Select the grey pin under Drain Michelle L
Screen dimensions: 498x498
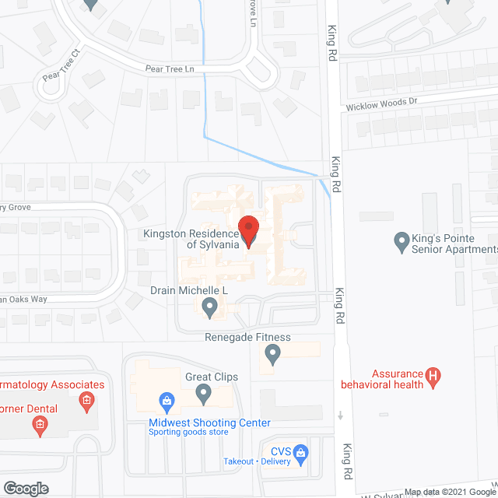[209, 308]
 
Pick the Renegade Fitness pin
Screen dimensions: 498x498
[272, 356]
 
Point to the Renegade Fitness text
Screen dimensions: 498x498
[247, 337]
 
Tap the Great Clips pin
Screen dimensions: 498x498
[204, 395]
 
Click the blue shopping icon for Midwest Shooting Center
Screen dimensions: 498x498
[166, 402]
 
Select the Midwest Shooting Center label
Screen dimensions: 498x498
[209, 423]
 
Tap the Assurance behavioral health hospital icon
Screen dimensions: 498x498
[434, 378]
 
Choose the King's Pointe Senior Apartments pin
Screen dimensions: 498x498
[402, 243]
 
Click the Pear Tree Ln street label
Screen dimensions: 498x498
[170, 69]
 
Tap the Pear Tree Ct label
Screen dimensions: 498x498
[61, 67]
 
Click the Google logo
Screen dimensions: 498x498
[25, 488]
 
